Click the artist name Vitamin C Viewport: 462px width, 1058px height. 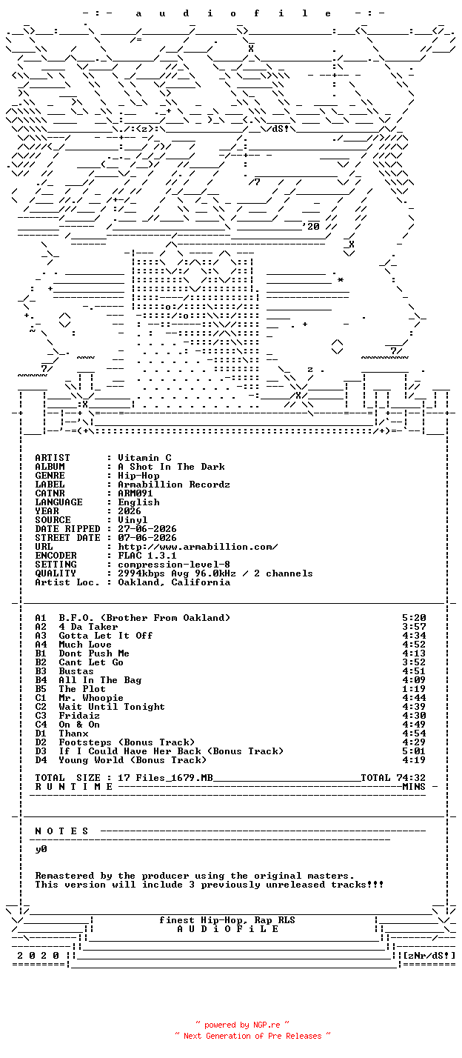144,458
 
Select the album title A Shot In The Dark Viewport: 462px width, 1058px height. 171,467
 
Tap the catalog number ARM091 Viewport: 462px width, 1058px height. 135,493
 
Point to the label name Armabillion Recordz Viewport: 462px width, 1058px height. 174,485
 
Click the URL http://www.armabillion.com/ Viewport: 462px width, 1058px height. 198,547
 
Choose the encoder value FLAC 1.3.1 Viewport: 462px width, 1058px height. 147,556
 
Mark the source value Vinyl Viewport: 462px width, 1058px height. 133,520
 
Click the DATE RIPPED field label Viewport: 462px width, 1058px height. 67,529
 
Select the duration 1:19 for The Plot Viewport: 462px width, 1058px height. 414,689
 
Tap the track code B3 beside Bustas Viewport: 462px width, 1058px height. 41,671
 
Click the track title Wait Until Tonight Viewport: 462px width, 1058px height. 112,707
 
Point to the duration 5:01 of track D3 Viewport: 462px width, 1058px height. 414,751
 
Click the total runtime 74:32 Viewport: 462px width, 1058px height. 414,778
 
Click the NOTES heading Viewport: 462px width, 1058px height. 61,831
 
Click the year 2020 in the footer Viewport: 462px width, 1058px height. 38,956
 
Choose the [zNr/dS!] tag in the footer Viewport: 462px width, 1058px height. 429,956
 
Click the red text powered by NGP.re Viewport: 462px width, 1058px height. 242,1025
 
